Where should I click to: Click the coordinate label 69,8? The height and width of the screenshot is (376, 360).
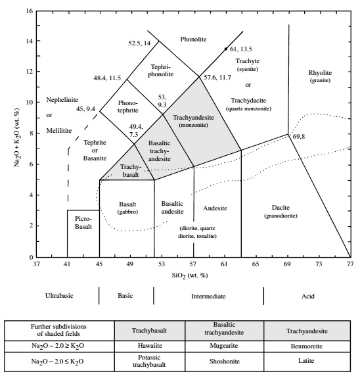[300, 136]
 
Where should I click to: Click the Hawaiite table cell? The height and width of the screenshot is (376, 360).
[148, 344]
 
